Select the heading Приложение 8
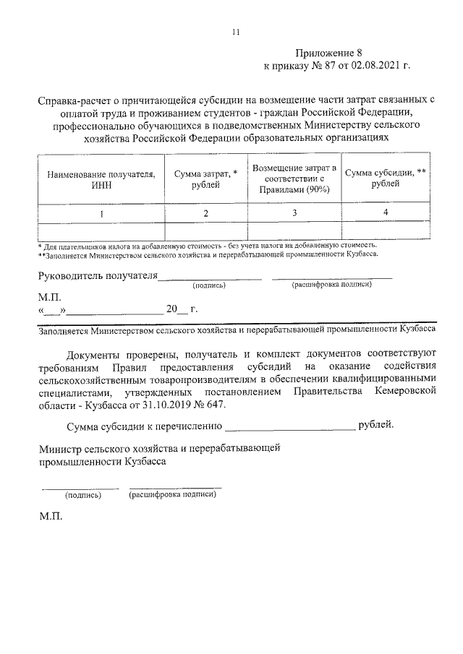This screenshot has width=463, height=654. pos(327,53)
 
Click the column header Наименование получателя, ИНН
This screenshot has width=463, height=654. pos(101,179)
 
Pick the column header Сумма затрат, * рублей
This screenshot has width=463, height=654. pos(205,179)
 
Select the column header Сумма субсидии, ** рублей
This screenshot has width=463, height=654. pos(385,178)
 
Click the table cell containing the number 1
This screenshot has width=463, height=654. pos(101,213)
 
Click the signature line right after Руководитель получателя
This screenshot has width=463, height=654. pos(210,277)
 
